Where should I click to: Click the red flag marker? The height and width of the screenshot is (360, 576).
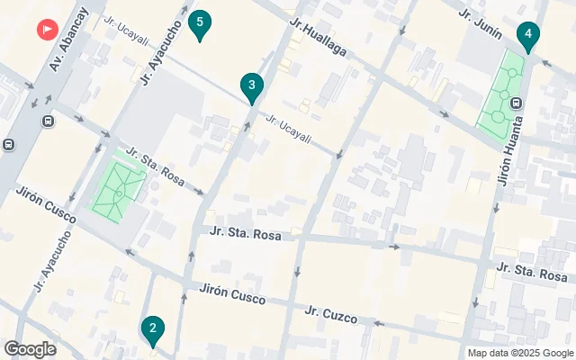pyautogui.click(x=45, y=29)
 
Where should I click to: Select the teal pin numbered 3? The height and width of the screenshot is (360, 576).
pyautogui.click(x=252, y=87)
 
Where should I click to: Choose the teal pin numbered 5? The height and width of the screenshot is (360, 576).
pyautogui.click(x=201, y=23)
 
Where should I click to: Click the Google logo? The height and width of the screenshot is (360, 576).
pyautogui.click(x=31, y=349)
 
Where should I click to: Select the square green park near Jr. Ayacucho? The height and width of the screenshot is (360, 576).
pyautogui.click(x=118, y=187)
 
